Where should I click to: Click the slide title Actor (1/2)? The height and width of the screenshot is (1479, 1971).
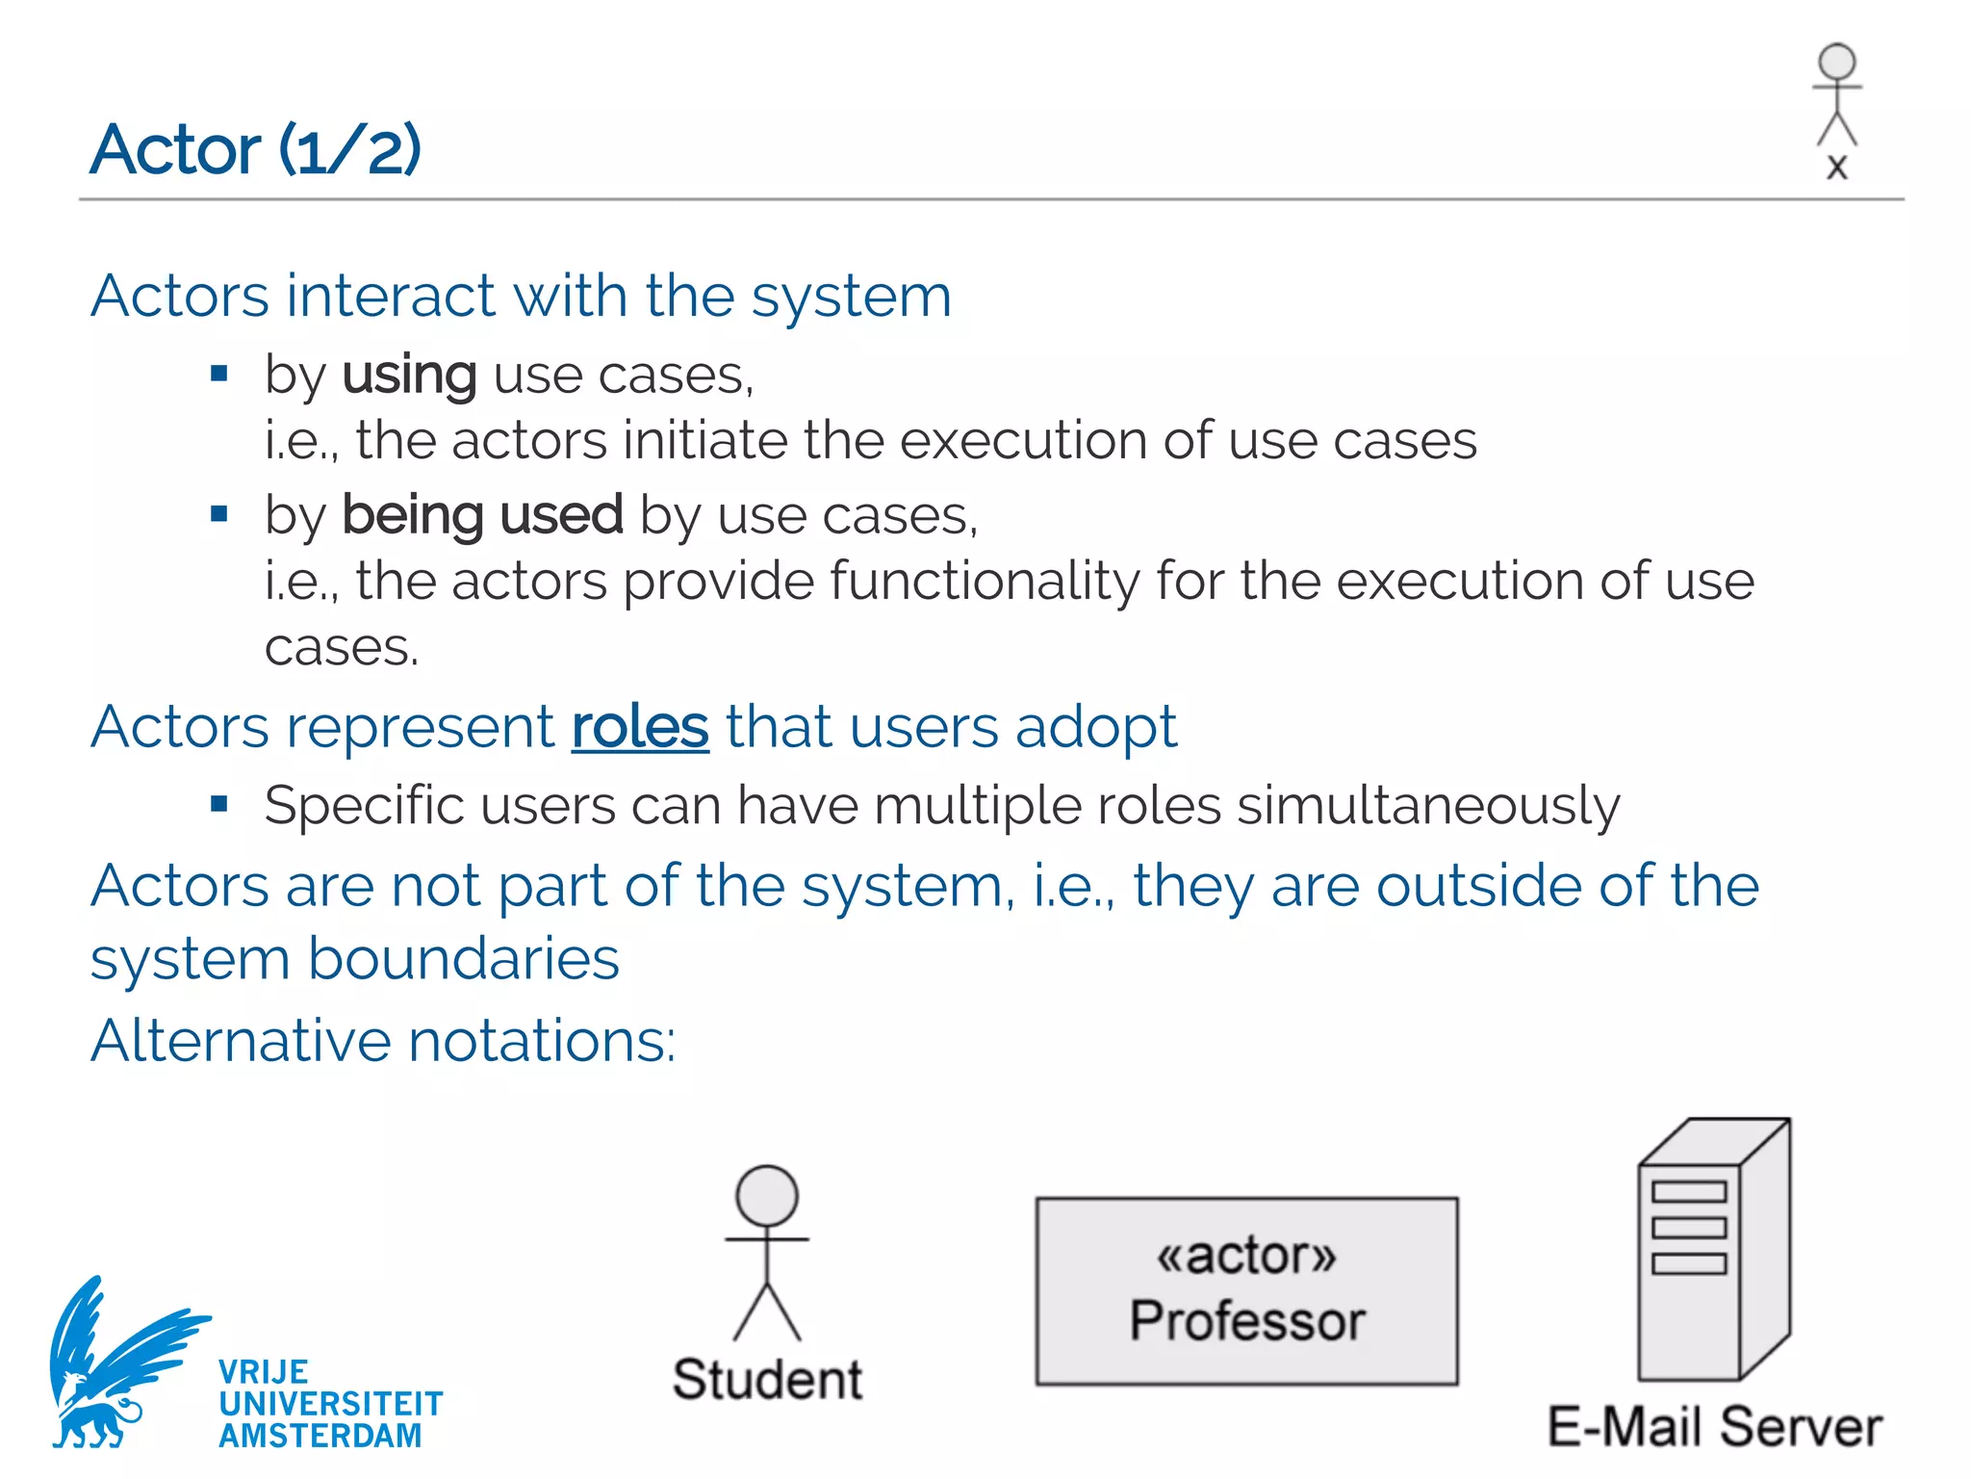point(255,150)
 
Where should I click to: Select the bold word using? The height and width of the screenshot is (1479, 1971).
point(409,375)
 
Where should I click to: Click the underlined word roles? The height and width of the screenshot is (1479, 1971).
point(640,727)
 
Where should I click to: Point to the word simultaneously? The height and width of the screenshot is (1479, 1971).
point(1428,806)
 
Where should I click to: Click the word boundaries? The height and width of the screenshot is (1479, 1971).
point(463,960)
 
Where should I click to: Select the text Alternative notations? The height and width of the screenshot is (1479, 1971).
point(383,1041)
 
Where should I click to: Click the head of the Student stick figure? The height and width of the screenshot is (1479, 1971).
point(767,1196)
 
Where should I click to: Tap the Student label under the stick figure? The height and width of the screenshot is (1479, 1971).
point(767,1379)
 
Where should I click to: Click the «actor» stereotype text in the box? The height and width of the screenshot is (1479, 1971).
point(1246,1256)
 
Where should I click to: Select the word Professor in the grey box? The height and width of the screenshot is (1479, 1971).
point(1247,1320)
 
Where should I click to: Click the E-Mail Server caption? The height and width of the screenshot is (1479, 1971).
point(1714,1427)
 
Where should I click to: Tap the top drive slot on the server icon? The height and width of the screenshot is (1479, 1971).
point(1689,1192)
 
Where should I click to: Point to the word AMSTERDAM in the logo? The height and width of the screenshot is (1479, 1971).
point(320,1436)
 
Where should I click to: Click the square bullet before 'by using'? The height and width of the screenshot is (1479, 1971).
point(219,374)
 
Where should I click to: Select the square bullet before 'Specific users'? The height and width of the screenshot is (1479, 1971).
point(219,804)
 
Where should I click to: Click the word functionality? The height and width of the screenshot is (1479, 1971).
point(985,582)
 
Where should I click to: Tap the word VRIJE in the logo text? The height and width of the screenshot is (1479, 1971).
point(263,1372)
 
